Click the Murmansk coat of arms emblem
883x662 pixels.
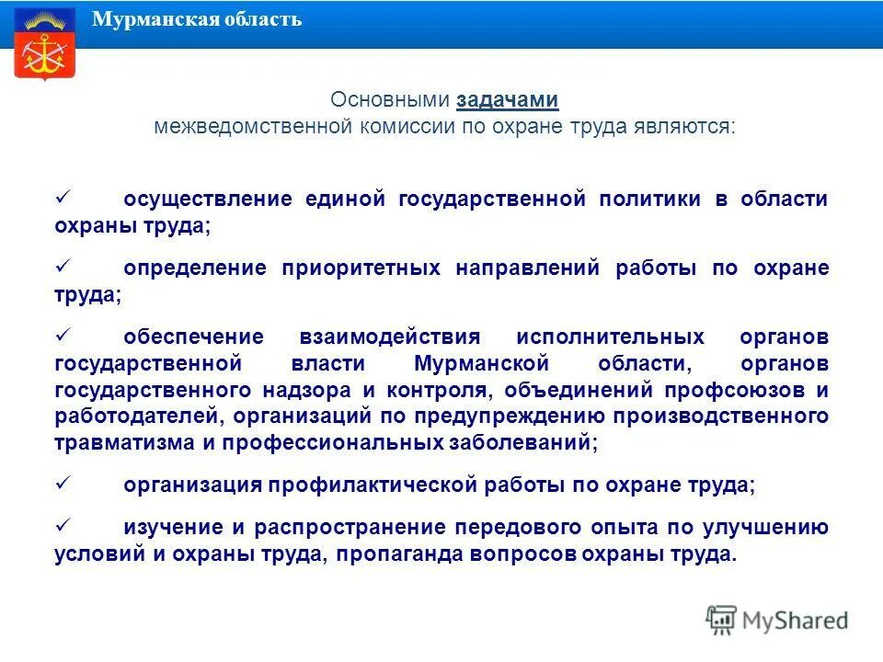click(44, 45)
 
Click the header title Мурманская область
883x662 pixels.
click(197, 19)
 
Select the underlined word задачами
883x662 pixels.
click(507, 100)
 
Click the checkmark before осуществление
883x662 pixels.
click(63, 198)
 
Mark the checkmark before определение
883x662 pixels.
click(63, 267)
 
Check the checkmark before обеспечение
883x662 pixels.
click(63, 335)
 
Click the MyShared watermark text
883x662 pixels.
click(795, 620)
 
